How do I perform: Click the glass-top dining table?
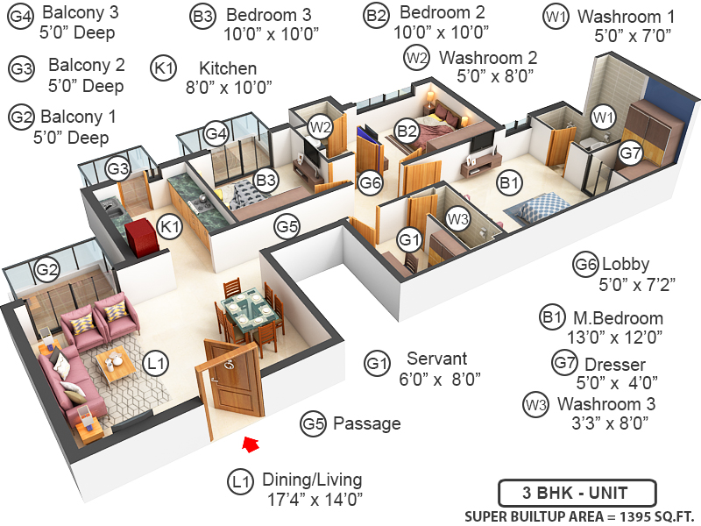pyautogui.click(x=249, y=310)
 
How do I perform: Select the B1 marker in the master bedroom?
pyautogui.click(x=509, y=183)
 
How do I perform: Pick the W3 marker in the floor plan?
pyautogui.click(x=457, y=218)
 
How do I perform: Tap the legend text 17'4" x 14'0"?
pyautogui.click(x=315, y=501)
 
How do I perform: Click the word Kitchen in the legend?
pyautogui.click(x=228, y=68)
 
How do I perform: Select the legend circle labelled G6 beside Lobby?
pyautogui.click(x=586, y=264)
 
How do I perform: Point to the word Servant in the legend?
pyautogui.click(x=436, y=359)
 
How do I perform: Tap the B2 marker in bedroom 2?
pyautogui.click(x=406, y=132)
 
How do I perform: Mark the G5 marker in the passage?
pyautogui.click(x=287, y=226)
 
